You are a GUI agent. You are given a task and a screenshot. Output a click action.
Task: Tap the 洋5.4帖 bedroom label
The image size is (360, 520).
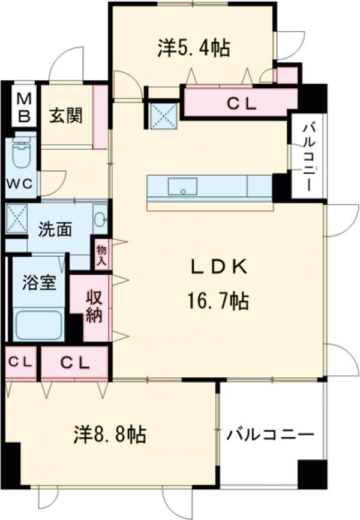194,48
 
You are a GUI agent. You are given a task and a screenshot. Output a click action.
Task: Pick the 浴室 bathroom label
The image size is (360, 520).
40,282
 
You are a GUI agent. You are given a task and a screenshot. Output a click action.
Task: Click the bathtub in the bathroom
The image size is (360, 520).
40,325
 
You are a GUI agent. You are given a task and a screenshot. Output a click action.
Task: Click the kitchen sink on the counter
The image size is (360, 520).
181,187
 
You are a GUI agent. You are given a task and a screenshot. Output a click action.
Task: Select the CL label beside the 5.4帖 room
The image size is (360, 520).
241,104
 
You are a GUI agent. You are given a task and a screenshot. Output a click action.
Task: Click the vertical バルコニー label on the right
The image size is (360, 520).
307,156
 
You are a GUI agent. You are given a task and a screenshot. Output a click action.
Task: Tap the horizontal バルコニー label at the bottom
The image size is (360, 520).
270,434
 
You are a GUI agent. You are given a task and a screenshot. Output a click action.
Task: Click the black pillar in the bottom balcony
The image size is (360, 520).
312,474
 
